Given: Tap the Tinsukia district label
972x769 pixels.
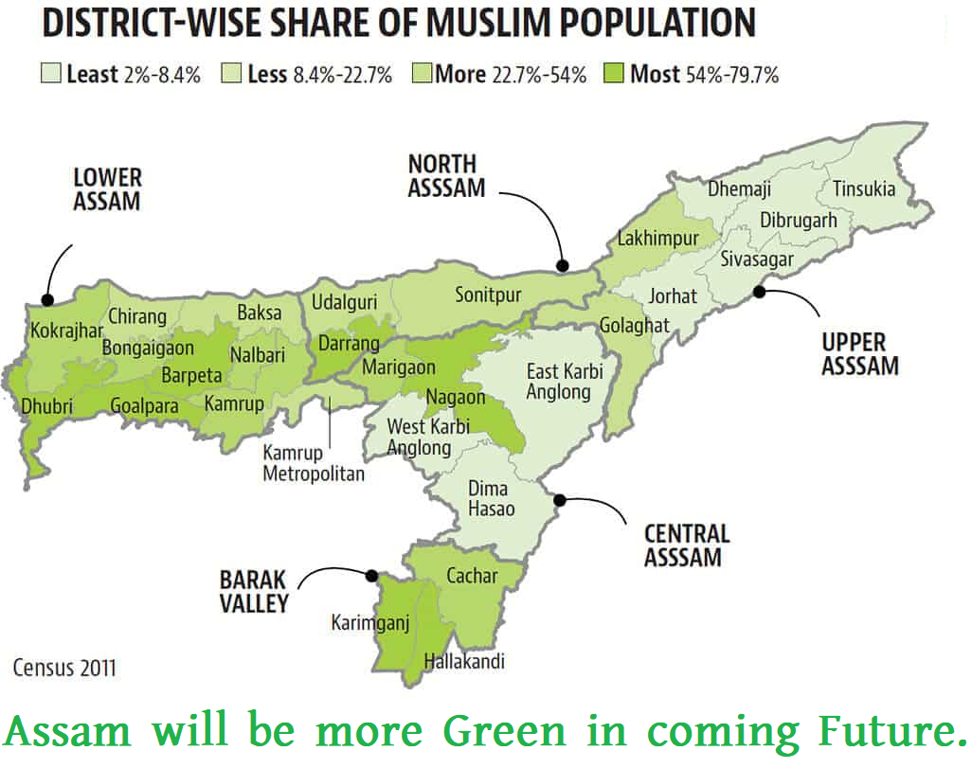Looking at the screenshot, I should tap(863, 188).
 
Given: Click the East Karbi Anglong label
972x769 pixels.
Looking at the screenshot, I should tap(565, 381).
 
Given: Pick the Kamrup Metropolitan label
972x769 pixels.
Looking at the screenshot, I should tap(313, 463).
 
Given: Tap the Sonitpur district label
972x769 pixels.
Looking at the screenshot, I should tap(488, 295).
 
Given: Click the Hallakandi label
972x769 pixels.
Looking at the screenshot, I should tap(464, 661).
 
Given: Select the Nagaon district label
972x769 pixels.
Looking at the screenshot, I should tap(456, 398).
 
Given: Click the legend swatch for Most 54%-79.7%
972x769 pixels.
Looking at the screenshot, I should tap(614, 73).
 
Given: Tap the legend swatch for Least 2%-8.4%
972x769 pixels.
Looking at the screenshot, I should tap(51, 73).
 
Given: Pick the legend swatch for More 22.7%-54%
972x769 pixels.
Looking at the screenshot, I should tap(422, 73).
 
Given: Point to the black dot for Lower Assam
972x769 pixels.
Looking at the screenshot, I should tap(48, 299).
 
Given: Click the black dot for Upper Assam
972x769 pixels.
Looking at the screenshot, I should tap(759, 292).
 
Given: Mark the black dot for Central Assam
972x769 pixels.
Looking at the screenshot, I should tap(560, 499).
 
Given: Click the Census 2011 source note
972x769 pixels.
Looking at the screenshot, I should tap(64, 668).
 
